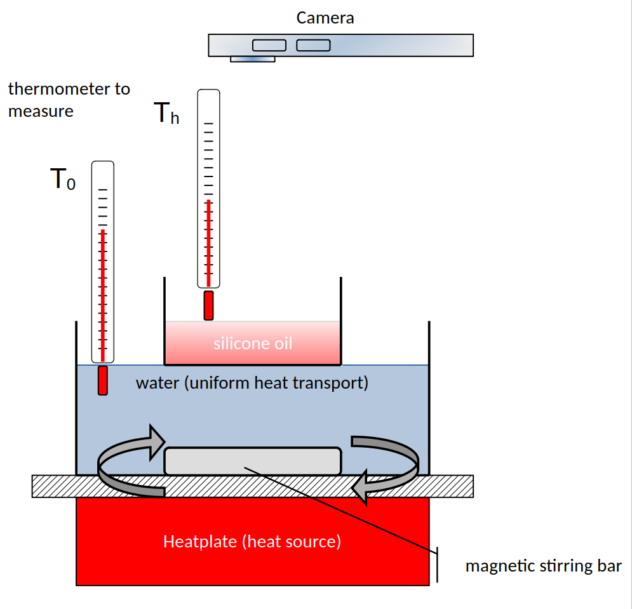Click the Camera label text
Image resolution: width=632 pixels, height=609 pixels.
[325, 18]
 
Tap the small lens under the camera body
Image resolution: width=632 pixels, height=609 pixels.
[252, 59]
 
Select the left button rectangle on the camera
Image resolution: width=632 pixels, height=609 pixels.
[270, 45]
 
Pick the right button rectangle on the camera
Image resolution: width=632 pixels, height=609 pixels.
[313, 45]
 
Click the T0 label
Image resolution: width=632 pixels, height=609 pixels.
[62, 181]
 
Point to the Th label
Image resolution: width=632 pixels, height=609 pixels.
[166, 114]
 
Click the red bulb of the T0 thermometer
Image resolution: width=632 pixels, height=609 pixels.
[103, 380]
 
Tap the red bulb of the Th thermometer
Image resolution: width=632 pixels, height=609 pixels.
[208, 305]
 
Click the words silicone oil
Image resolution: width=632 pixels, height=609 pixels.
[253, 344]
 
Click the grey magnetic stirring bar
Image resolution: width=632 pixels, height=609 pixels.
[253, 461]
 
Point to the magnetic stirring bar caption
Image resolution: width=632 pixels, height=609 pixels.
[543, 566]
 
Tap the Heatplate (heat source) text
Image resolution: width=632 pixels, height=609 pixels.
[252, 542]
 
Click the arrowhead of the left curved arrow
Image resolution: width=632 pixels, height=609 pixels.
[156, 441]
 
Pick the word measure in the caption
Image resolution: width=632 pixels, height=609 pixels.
[41, 111]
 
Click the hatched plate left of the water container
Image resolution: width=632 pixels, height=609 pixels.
[53, 486]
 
